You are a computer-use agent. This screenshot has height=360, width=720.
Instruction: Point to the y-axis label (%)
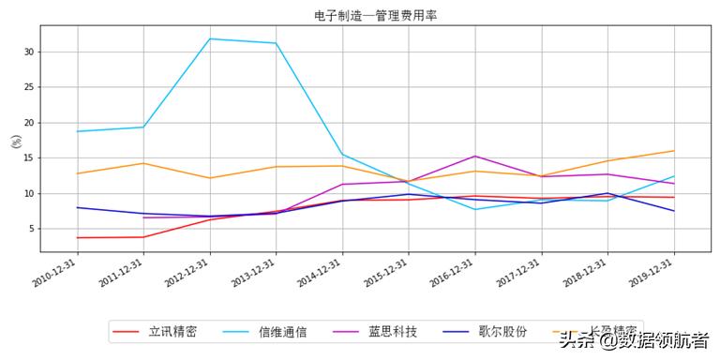15,142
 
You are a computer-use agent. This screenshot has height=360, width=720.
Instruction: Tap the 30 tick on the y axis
30,52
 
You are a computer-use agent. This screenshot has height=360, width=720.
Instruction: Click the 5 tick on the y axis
33,229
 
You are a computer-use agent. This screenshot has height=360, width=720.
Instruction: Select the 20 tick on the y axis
30,123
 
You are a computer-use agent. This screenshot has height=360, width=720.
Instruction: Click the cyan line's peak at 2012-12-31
210,38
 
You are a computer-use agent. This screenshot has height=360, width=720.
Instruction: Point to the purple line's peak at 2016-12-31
475,156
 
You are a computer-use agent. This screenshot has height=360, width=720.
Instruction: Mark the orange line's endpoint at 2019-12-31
674,151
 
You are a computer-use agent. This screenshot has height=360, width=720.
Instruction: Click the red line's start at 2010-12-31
77,237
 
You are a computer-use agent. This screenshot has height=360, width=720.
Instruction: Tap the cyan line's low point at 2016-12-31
475,209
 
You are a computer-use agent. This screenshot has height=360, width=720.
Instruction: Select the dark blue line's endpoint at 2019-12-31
674,211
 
